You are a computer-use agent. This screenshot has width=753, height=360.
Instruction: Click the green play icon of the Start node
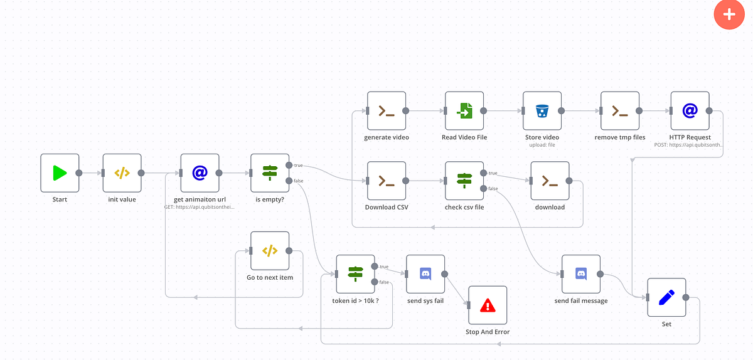pyautogui.click(x=60, y=173)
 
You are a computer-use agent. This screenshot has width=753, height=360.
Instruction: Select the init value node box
pyautogui.click(x=122, y=173)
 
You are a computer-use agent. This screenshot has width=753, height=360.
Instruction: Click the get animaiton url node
pyautogui.click(x=200, y=173)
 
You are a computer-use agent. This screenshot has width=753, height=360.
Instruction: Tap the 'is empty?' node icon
pyautogui.click(x=270, y=173)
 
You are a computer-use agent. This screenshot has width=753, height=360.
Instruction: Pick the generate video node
pyautogui.click(x=387, y=111)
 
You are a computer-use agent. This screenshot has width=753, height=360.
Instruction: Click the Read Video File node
pyautogui.click(x=464, y=111)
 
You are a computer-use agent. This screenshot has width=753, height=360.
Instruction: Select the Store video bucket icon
pyautogui.click(x=542, y=111)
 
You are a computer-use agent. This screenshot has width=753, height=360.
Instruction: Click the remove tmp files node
pyautogui.click(x=620, y=111)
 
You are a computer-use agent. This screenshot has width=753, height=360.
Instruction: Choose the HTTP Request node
pyautogui.click(x=690, y=111)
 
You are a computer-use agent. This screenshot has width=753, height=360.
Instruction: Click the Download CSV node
pyautogui.click(x=387, y=181)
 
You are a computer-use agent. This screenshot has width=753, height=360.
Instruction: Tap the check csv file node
pyautogui.click(x=464, y=181)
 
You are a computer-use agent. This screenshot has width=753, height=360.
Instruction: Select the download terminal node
pyautogui.click(x=550, y=181)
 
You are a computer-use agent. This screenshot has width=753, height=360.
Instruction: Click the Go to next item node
pyautogui.click(x=270, y=251)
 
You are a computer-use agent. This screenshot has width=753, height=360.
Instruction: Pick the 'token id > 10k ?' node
pyautogui.click(x=355, y=274)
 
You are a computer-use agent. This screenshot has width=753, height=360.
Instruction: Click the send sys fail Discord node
pyautogui.click(x=425, y=274)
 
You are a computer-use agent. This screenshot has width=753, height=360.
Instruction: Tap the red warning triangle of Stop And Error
pyautogui.click(x=488, y=305)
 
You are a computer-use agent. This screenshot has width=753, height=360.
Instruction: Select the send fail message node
pyautogui.click(x=581, y=274)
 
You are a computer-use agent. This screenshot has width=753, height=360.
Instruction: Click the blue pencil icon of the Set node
pyautogui.click(x=666, y=297)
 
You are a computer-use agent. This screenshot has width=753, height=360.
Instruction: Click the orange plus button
pyautogui.click(x=729, y=14)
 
